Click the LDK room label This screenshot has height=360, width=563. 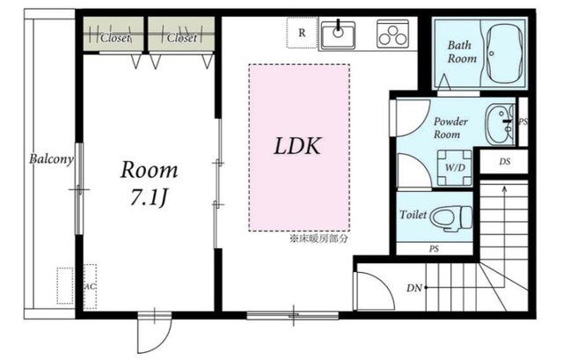tap(297, 146)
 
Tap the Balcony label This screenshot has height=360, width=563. tap(51, 158)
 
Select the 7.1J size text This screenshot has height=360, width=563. tap(149, 198)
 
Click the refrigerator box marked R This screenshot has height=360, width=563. tap(302, 33)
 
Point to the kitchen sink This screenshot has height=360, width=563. tap(338, 35)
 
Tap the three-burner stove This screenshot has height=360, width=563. tap(393, 33)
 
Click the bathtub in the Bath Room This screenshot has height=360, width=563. tap(503, 55)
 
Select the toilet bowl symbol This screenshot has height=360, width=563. tap(451, 217)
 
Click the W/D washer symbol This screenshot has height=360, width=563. tap(455, 167)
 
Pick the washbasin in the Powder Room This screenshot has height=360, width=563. tap(500, 124)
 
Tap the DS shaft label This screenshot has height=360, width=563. tap(504, 162)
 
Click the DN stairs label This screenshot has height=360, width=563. tap(414, 288)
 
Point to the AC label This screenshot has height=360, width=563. tap(90, 287)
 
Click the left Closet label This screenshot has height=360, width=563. tap(115, 38)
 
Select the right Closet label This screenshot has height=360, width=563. tap(182, 38)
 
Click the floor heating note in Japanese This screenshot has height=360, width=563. tap(318, 239)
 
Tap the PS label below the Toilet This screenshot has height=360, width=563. tap(434, 248)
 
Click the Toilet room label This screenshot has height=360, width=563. tap(413, 215)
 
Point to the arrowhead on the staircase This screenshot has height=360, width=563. tap(504, 189)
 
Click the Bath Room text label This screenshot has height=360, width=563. tap(462, 52)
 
